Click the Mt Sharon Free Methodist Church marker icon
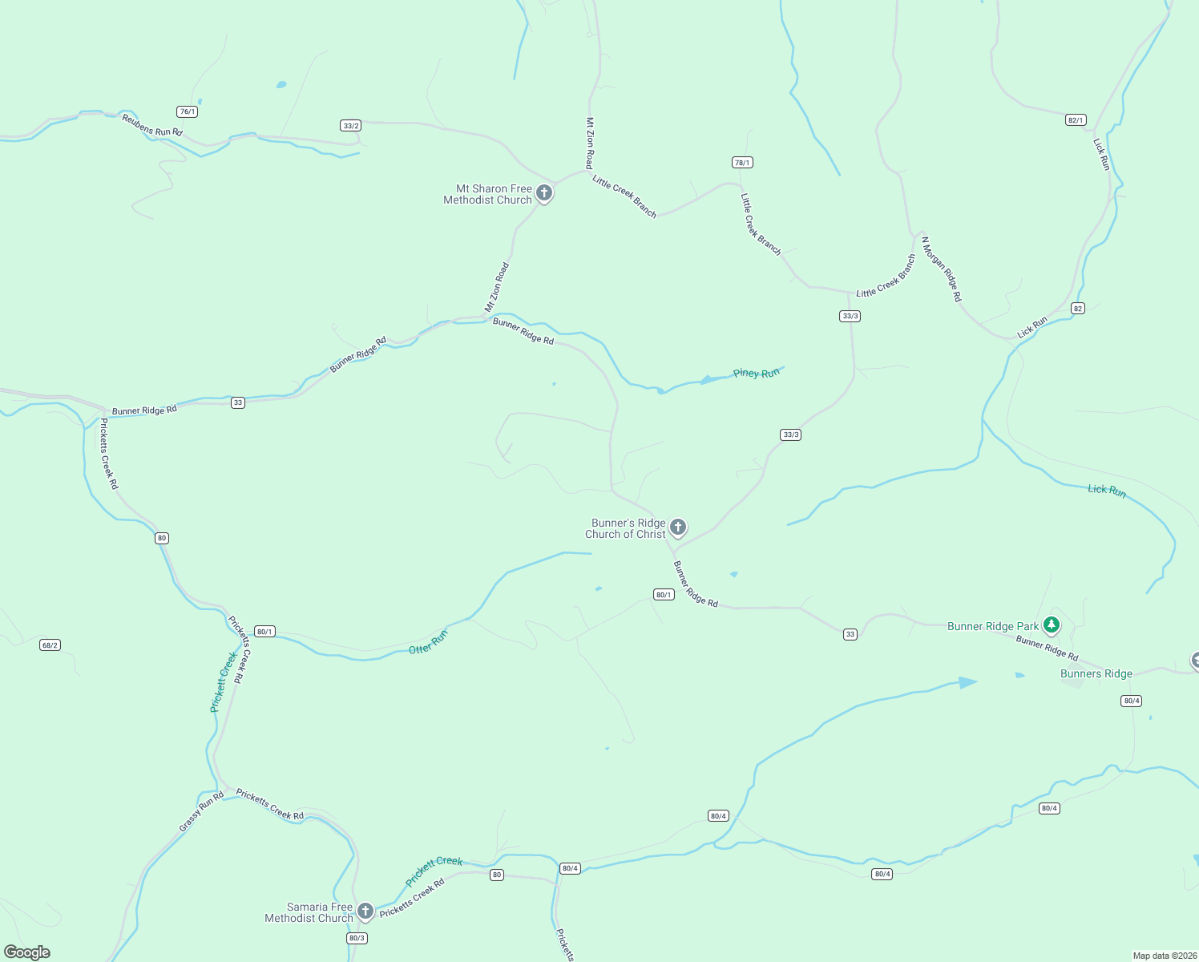pyautogui.click(x=544, y=193)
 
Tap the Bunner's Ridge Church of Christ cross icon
pyautogui.click(x=678, y=527)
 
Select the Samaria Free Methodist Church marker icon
pyautogui.click(x=365, y=911)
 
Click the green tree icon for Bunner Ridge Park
pyautogui.click(x=1052, y=624)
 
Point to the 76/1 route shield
pyautogui.click(x=188, y=111)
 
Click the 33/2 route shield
pyautogui.click(x=351, y=125)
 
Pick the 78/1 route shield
pyautogui.click(x=743, y=162)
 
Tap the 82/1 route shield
pyautogui.click(x=1076, y=120)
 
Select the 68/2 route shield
pyautogui.click(x=50, y=645)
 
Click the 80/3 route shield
pyautogui.click(x=357, y=938)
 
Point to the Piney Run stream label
pyautogui.click(x=756, y=373)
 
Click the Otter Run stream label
pyautogui.click(x=428, y=642)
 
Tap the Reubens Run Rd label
pyautogui.click(x=152, y=125)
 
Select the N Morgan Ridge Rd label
pyautogui.click(x=941, y=269)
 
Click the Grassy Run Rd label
pyautogui.click(x=201, y=811)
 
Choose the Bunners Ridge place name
pyautogui.click(x=1096, y=673)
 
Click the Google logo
pyautogui.click(x=27, y=952)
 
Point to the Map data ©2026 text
pyautogui.click(x=1165, y=956)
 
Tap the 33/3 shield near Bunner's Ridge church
pyautogui.click(x=790, y=435)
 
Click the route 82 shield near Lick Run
pyautogui.click(x=1078, y=309)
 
